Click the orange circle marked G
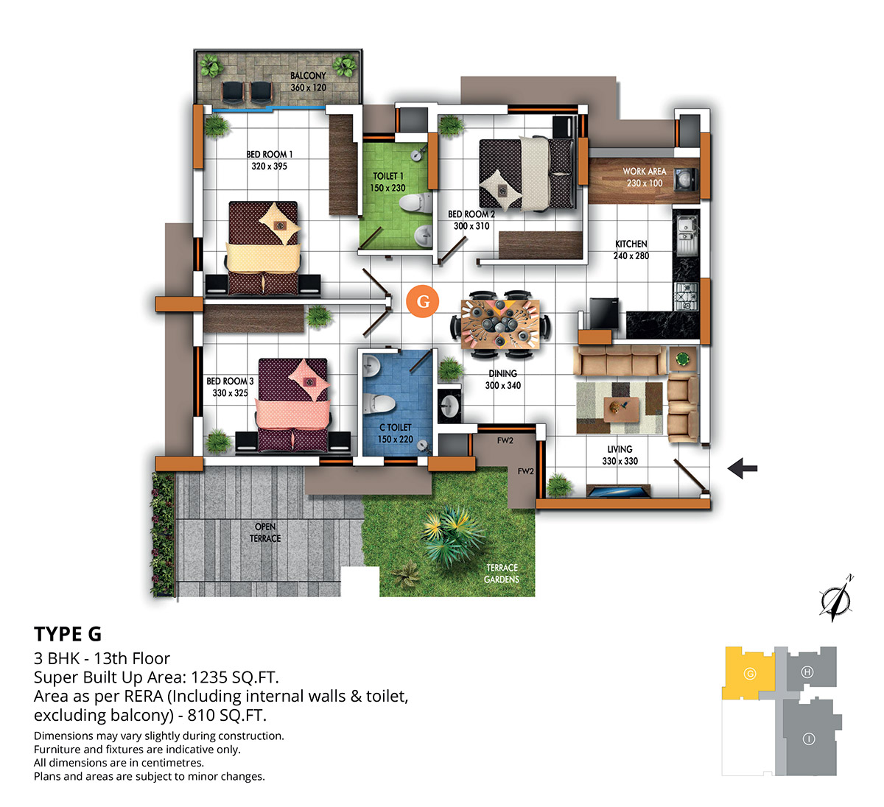click(423, 301)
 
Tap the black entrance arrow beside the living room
click(743, 468)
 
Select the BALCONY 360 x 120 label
click(308, 82)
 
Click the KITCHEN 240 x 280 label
click(631, 250)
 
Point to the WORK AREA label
click(645, 172)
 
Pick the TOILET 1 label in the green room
click(387, 176)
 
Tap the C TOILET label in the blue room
click(396, 427)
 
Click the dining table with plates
click(500, 324)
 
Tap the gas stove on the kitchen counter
click(687, 297)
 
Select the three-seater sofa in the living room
click(620, 360)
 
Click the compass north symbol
click(835, 599)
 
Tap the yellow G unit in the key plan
click(748, 673)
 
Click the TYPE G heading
click(68, 634)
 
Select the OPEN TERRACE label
click(265, 532)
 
